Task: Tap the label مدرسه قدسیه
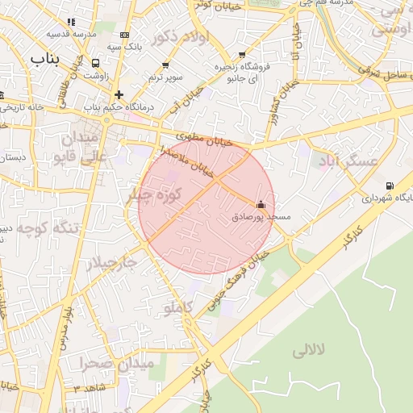pos(69,34)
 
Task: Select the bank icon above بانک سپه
pos(123,35)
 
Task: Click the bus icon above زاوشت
pos(97,63)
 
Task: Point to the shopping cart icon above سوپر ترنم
pos(165,65)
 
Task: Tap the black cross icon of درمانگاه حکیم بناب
pos(119,94)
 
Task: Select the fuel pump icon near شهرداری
pos(390,185)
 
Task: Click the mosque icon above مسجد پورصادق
pos(260,205)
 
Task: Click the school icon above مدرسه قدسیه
pos(71,23)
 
